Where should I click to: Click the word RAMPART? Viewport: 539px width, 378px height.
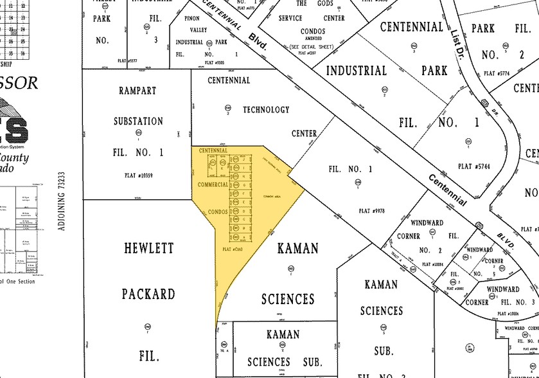point(138,91)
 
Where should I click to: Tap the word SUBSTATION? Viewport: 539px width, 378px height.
point(138,121)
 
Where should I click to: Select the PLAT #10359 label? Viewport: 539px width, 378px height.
point(138,175)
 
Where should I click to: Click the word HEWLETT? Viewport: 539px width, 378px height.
point(148,248)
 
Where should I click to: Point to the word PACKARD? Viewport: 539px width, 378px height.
point(148,294)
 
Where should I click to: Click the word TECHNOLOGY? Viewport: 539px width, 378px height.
point(265,110)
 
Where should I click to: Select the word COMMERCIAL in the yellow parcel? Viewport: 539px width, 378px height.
point(213,184)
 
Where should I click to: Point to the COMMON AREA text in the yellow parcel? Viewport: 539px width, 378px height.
point(273,195)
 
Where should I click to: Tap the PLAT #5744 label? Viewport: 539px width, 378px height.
point(474,166)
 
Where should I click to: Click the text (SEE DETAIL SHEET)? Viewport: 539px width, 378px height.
point(312,47)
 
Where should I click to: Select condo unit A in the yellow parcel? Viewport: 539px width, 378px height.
point(245,237)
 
